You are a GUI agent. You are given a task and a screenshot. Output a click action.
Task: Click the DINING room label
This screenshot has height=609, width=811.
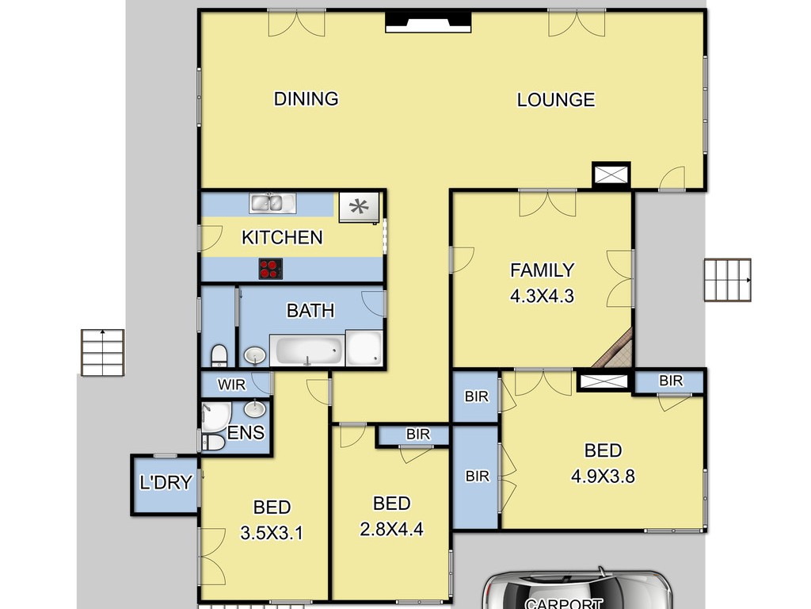tap(306, 98)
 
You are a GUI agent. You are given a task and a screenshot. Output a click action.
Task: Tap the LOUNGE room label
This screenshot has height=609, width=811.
tap(556, 99)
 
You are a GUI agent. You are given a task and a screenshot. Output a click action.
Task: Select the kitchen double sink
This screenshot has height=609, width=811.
tap(272, 203)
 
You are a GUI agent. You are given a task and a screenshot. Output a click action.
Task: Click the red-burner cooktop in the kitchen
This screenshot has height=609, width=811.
tap(271, 270)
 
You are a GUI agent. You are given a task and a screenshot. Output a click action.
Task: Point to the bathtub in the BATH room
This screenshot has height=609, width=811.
tap(307, 350)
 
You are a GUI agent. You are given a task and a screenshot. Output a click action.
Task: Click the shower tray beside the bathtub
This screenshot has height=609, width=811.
tap(364, 347)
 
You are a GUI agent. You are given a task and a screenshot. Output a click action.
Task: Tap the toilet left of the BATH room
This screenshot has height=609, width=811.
tap(219, 355)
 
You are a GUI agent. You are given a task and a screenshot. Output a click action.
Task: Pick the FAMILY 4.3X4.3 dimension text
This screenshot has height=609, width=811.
tap(542, 283)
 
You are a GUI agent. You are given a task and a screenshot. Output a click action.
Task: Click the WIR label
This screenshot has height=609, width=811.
tap(231, 385)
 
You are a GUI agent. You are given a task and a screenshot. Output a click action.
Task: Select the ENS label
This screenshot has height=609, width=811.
tap(246, 432)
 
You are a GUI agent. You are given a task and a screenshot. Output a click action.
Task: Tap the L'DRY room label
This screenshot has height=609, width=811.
tap(166, 483)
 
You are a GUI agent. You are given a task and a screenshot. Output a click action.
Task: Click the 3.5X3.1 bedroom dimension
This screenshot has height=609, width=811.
tap(272, 532)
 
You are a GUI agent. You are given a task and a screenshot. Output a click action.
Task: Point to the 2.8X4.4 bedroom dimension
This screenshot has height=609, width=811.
tap(391, 529)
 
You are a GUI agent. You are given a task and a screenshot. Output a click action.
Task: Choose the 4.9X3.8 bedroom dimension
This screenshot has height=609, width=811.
tap(603, 476)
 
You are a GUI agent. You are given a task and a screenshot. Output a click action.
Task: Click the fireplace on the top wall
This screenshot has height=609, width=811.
tap(428, 22)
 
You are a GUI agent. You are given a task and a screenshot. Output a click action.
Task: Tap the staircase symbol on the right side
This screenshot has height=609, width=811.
tap(728, 280)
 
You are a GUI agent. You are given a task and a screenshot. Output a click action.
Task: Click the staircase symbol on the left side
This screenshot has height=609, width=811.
tap(102, 352)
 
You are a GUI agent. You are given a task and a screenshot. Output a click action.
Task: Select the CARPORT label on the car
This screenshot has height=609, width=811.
tap(563, 603)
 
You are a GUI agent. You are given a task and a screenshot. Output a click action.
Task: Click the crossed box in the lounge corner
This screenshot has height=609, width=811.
tap(611, 174)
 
